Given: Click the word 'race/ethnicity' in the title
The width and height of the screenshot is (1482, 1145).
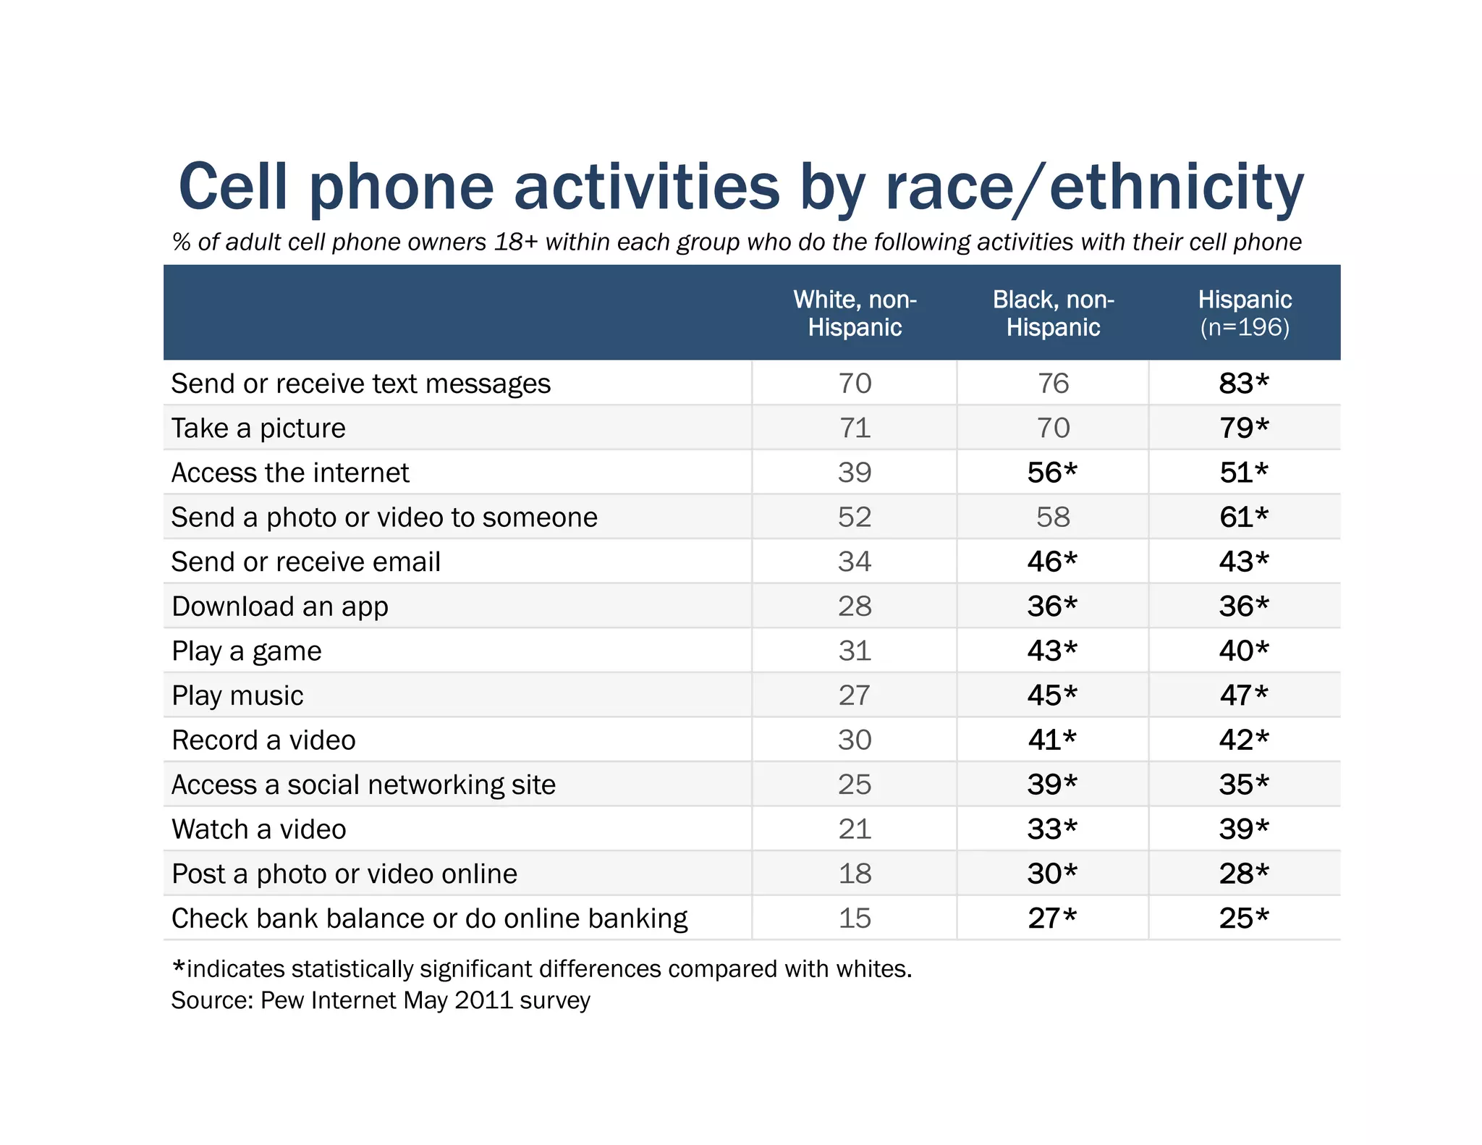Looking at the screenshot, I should (x=1093, y=187).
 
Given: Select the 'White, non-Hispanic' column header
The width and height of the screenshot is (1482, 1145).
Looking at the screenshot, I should (x=855, y=313).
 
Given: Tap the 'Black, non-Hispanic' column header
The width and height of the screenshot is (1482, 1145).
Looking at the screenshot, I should (x=1053, y=313).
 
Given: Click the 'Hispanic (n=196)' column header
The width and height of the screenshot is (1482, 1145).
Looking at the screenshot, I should (x=1244, y=313).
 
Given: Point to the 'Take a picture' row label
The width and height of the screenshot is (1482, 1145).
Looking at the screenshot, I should (x=258, y=428).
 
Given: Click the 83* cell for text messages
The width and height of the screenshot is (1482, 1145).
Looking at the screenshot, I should (x=1243, y=384).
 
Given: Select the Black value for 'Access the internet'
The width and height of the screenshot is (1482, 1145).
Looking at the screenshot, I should (x=1052, y=473).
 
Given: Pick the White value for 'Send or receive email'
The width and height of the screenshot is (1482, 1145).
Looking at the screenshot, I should (x=855, y=562).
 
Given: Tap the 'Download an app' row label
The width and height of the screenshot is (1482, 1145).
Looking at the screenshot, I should (x=280, y=607).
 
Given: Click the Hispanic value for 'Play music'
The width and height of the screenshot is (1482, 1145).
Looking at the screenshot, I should (x=1243, y=696).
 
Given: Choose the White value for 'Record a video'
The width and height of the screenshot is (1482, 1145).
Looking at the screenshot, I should (x=855, y=740).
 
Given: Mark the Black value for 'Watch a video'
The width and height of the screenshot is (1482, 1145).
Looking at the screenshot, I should (x=1052, y=829).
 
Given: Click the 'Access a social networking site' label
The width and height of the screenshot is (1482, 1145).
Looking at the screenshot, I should (x=363, y=785).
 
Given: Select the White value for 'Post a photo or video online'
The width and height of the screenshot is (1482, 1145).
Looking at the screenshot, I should (x=855, y=874).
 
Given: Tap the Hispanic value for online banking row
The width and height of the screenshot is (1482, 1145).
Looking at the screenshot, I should (x=1243, y=918).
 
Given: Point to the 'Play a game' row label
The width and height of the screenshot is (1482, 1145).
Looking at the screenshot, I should (x=246, y=651).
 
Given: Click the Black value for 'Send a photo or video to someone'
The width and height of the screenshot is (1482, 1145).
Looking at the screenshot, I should (x=1052, y=517).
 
